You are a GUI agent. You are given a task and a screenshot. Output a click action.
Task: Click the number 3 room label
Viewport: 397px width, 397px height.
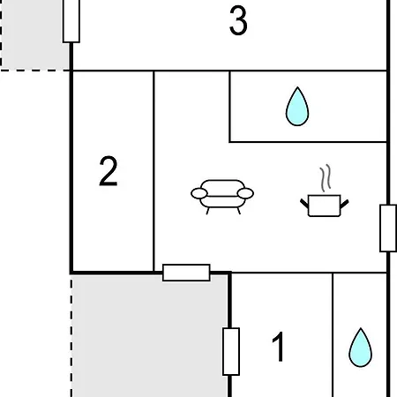[238, 21]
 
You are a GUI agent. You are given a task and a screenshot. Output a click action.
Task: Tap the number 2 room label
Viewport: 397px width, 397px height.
[109, 171]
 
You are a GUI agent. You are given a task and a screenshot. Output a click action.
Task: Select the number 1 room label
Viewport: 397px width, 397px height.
[278, 347]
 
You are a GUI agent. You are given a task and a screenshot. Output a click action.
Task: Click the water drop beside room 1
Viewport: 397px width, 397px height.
[360, 348]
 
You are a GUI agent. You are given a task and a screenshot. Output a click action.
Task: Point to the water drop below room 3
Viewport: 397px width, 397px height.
[297, 107]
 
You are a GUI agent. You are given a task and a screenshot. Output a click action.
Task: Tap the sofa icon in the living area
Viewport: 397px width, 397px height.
[222, 197]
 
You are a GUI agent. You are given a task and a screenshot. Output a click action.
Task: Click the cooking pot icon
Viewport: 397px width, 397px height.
[325, 206]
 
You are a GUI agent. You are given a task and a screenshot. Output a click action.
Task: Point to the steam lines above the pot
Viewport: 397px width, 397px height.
[326, 178]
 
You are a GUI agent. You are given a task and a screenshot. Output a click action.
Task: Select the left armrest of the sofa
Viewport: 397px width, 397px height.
[199, 193]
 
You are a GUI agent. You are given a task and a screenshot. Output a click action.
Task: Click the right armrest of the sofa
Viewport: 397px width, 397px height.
[245, 193]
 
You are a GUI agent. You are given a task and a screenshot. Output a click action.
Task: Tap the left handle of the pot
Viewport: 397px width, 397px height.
[304, 203]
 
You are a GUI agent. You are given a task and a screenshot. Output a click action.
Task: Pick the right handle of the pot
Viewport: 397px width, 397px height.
[344, 204]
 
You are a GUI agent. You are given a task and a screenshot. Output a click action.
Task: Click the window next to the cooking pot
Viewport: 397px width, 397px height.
[388, 228]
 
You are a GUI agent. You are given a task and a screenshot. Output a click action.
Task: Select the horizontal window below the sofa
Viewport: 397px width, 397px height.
[186, 273]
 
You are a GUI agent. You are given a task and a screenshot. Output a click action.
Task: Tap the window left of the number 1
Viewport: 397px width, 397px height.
[231, 351]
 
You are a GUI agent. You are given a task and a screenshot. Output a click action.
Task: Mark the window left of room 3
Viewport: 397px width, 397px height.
[71, 20]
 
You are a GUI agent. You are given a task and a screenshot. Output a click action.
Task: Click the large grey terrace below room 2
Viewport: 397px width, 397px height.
[150, 336]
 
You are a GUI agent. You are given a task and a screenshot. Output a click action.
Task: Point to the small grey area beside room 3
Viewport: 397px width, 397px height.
[35, 34]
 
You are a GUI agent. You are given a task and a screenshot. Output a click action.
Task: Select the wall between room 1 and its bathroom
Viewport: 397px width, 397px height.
[333, 335]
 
